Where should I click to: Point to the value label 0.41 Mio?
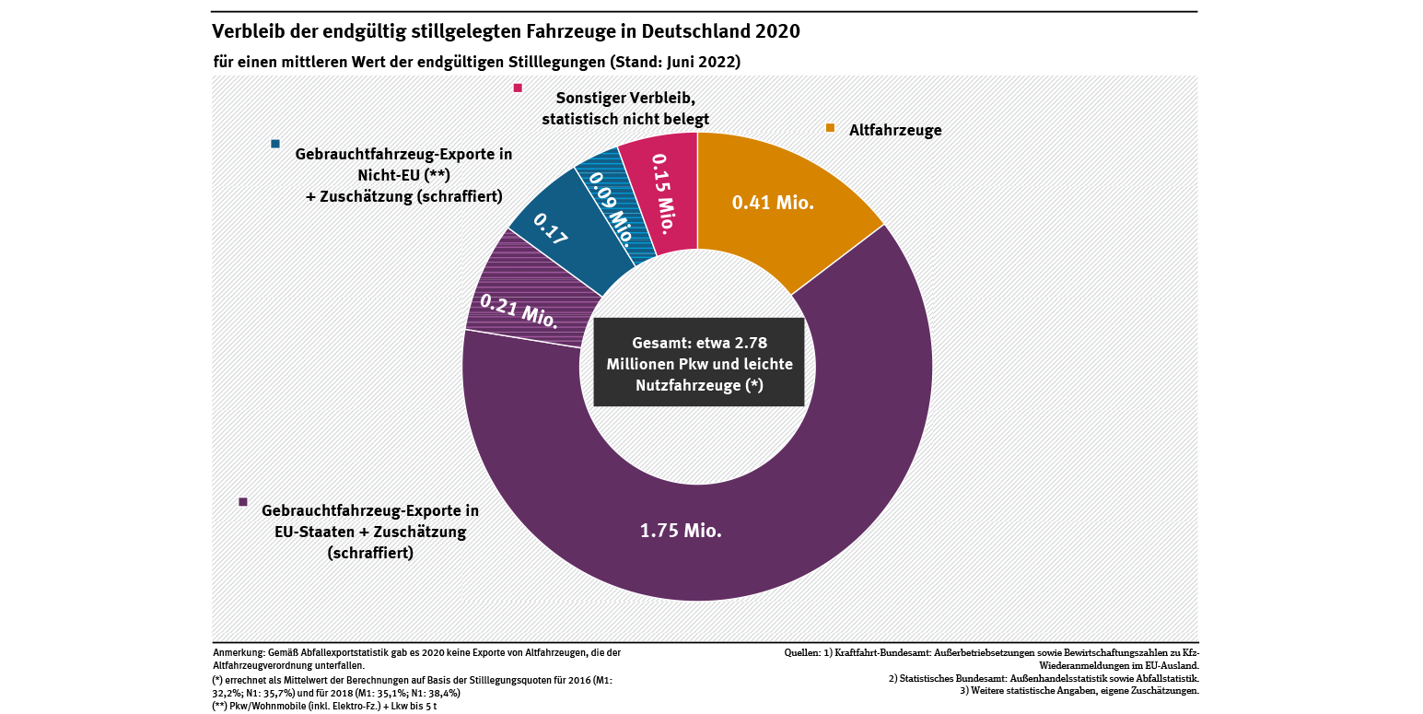[x=773, y=203]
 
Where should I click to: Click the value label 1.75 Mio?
[x=681, y=531]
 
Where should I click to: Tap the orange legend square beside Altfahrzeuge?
[x=830, y=128]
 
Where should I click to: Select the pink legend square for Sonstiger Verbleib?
[x=518, y=88]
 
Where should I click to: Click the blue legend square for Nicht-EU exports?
[x=275, y=144]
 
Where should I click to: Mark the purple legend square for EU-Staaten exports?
[x=243, y=501]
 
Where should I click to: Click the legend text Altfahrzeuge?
[x=894, y=130]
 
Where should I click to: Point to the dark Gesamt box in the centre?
[x=698, y=362]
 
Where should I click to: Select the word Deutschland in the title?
[x=681, y=31]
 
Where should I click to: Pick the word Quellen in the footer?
[x=801, y=653]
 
